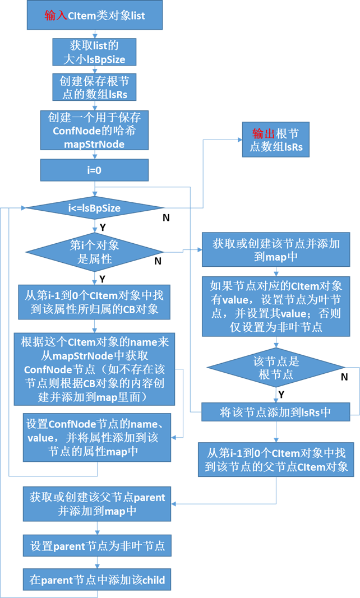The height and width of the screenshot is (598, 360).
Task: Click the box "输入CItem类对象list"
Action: coord(95,16)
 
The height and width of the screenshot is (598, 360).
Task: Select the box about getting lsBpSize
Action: coord(94,52)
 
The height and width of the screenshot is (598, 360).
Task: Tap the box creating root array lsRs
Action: coord(94,87)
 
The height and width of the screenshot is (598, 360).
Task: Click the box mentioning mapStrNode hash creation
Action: coord(94,131)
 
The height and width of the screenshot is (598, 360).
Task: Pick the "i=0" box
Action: coord(94,170)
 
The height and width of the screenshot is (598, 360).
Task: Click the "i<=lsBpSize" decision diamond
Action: coord(94,208)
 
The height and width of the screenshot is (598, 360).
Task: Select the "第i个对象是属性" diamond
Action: coord(94,252)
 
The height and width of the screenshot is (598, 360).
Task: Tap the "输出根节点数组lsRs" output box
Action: coord(275,140)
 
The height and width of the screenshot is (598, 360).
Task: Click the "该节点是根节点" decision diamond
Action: coord(275,368)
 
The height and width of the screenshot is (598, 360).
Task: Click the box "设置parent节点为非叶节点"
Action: coord(98,545)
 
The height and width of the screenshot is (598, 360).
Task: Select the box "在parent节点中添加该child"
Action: coord(98,580)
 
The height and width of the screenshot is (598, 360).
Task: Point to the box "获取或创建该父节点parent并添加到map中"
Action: coord(98,504)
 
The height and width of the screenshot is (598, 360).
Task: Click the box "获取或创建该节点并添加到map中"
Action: coord(275,250)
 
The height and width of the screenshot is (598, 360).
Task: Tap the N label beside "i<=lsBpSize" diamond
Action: coord(166,217)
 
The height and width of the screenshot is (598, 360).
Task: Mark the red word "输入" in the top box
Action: coord(56,16)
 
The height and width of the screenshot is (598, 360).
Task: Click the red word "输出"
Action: coord(263,133)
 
